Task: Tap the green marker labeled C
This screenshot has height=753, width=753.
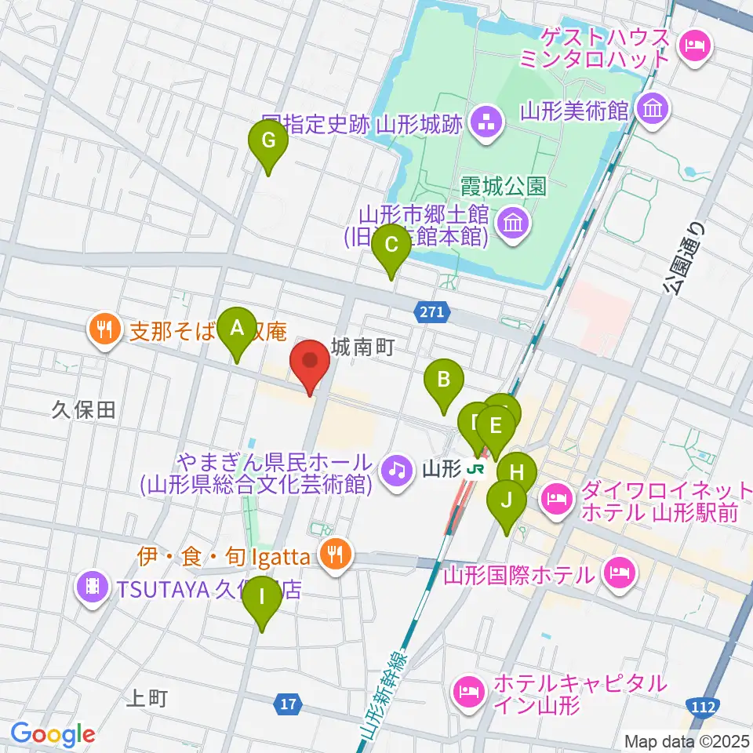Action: point(391,249)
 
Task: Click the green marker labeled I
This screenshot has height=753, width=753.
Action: point(262,600)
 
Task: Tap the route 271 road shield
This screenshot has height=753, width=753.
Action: point(431,312)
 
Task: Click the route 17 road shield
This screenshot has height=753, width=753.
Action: point(289,704)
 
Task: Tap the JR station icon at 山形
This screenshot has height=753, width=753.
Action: point(474,470)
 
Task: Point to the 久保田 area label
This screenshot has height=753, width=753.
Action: point(84,409)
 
